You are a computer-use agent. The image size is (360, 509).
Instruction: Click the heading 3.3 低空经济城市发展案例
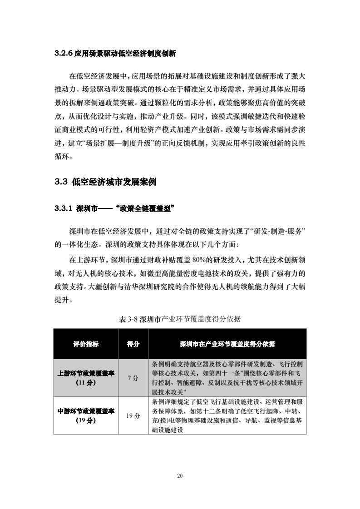click(x=105, y=183)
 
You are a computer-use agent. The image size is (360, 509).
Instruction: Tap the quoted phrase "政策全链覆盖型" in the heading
click(x=145, y=209)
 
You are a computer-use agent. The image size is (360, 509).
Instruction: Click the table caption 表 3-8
click(x=129, y=319)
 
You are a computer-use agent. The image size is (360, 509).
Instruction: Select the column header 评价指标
click(x=86, y=344)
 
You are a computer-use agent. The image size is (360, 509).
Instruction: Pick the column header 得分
click(x=133, y=344)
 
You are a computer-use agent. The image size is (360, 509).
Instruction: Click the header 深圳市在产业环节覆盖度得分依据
click(x=227, y=344)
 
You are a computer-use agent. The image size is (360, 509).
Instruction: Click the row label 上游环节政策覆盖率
click(x=86, y=373)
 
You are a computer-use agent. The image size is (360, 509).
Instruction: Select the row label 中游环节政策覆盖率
click(x=86, y=411)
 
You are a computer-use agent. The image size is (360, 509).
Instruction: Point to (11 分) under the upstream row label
click(x=86, y=382)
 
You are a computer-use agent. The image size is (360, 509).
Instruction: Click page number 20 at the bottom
click(x=180, y=475)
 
